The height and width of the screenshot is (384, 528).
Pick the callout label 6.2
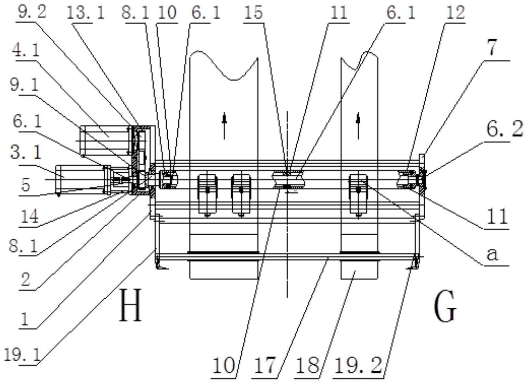tap(505, 130)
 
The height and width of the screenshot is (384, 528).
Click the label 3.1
tap(26, 153)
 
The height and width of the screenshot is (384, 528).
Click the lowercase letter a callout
tap(493, 255)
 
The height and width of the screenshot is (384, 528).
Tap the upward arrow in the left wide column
tap(224, 126)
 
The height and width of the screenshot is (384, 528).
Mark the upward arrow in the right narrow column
tap(358, 126)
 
